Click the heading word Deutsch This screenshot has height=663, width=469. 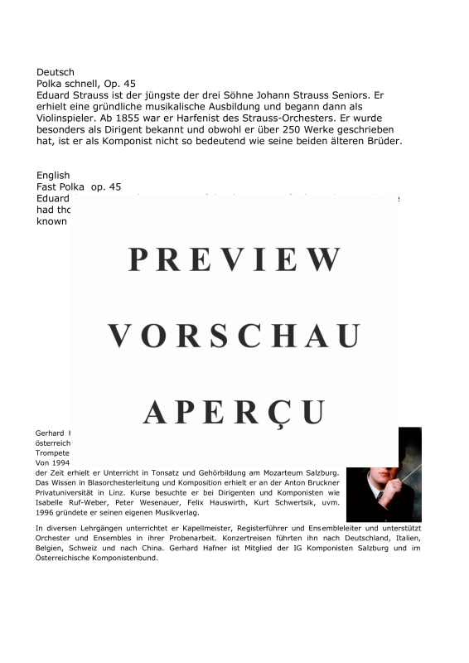pos(56,72)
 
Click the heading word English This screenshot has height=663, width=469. pos(54,176)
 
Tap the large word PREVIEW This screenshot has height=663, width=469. pos(234,259)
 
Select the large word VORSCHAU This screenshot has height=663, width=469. pos(234,336)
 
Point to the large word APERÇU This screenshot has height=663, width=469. pos(234,411)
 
